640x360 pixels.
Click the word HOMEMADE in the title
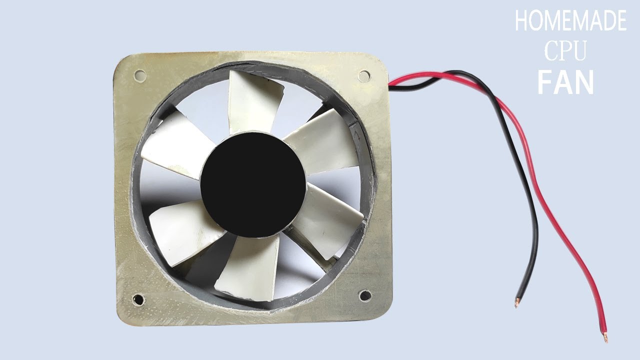pos(570,21)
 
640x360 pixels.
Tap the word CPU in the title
pos(565,51)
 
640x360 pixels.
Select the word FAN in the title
pos(565,82)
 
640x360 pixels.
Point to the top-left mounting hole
pos(140,76)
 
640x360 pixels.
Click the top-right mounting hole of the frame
pos(364,76)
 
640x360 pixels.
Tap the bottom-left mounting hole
pos(137,299)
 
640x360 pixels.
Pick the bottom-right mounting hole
pos(365,295)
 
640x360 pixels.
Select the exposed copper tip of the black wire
pos(517,302)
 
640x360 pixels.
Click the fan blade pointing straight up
pos(254,102)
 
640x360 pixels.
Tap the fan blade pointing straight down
pos(245,267)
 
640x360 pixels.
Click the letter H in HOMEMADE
pos(521,21)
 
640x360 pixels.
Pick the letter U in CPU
pos(578,51)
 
